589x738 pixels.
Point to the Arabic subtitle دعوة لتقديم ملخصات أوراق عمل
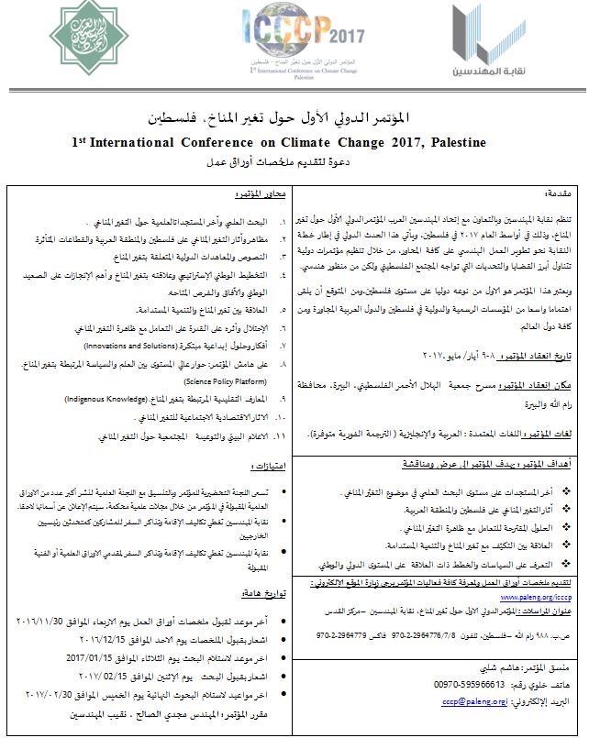pyautogui.click(x=294, y=162)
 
